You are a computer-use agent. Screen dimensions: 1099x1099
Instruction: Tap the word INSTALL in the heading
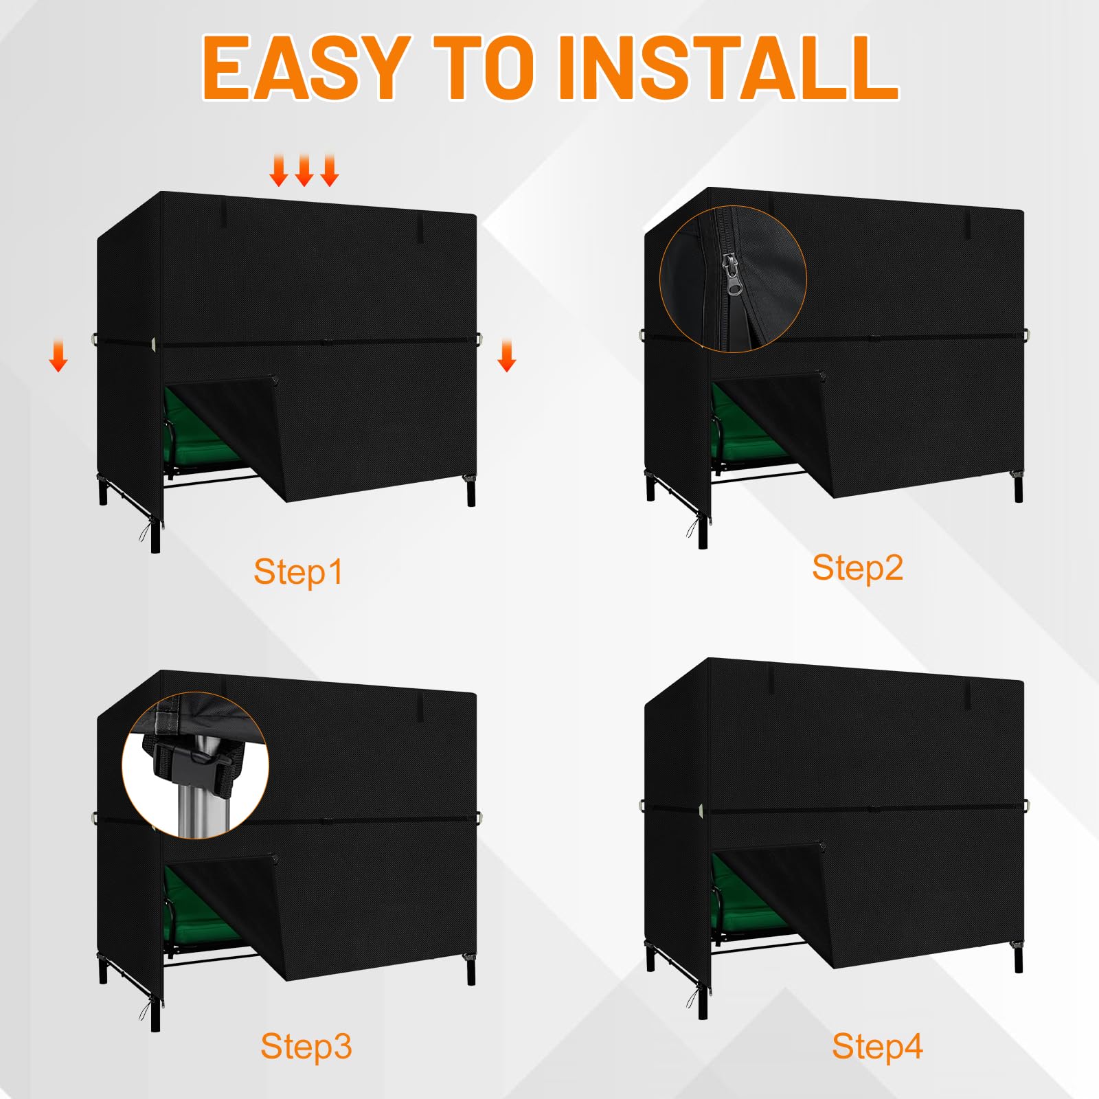[727, 67]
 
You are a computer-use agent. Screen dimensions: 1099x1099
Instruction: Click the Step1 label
[298, 572]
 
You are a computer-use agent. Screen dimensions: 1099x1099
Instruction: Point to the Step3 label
[306, 1047]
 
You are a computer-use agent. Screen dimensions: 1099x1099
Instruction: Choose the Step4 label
[877, 1047]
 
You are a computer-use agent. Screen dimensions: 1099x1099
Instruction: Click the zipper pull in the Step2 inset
[732, 275]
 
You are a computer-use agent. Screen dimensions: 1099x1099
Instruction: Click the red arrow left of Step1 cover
[58, 356]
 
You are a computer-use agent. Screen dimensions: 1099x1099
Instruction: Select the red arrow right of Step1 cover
[507, 356]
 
